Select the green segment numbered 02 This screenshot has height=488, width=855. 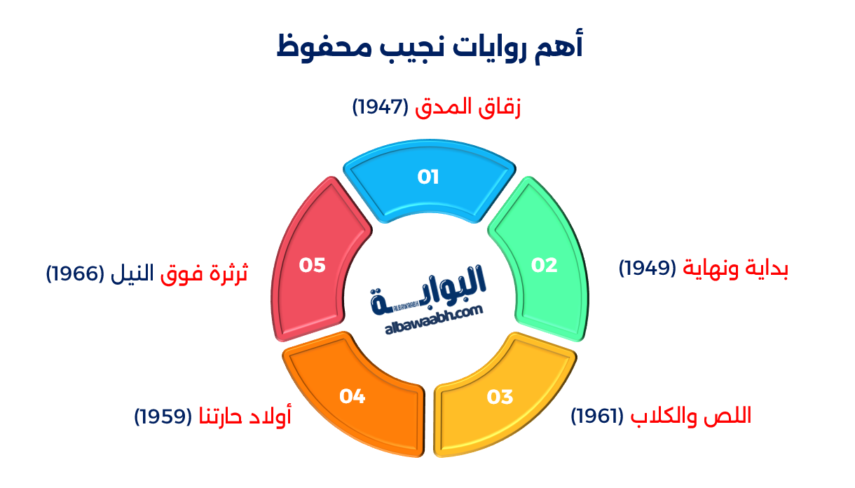pos(544,265)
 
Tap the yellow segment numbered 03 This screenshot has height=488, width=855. pos(500,397)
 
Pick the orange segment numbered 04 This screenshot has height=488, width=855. pos(353,397)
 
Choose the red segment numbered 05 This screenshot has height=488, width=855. pos(313,265)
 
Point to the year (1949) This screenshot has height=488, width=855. pos(648,269)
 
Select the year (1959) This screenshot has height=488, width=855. pos(163,416)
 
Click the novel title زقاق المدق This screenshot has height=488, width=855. pos(468,107)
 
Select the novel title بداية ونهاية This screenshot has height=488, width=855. pos(736,269)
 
